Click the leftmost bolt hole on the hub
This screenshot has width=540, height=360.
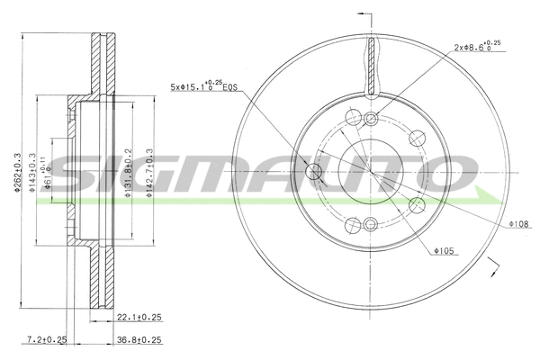(x=316, y=171)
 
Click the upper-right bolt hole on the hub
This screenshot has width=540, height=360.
(x=416, y=138)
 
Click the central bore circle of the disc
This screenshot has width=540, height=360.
(x=370, y=170)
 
